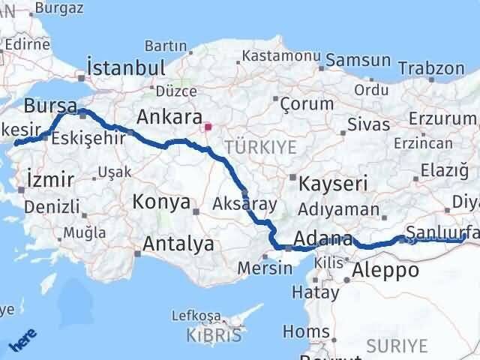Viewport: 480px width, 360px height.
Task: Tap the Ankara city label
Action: [x=169, y=118]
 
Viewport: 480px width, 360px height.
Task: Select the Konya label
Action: [x=160, y=201]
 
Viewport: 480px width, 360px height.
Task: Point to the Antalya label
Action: [x=178, y=244]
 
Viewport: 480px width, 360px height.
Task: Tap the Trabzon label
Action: [x=431, y=68]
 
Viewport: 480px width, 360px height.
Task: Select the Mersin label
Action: [x=265, y=268]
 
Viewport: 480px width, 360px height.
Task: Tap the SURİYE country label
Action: [x=397, y=346]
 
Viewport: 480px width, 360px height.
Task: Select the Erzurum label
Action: [x=445, y=118]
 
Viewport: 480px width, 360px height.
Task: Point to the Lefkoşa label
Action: [x=196, y=316]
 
